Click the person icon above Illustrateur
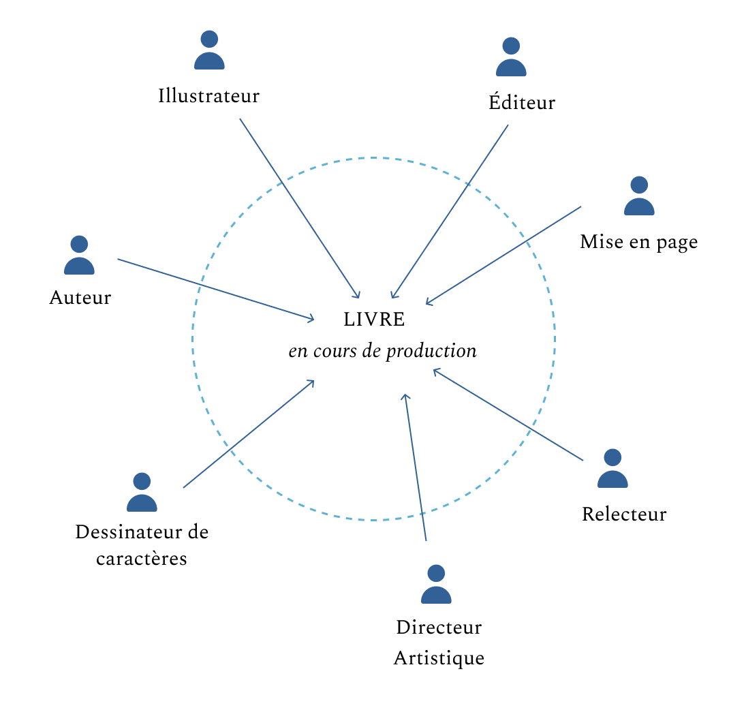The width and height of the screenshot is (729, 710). tap(209, 50)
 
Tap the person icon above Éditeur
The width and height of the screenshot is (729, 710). tap(511, 57)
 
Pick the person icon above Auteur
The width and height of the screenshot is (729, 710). tap(79, 256)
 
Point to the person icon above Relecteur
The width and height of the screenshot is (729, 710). tap(612, 469)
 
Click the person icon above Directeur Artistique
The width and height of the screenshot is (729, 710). tap(436, 585)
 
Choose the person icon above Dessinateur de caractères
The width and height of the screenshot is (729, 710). tap(142, 493)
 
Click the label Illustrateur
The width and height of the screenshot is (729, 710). tap(208, 96)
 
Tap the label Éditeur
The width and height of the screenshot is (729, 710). tap(522, 103)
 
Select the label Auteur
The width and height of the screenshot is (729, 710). tap(80, 298)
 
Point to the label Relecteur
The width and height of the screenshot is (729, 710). tap(623, 514)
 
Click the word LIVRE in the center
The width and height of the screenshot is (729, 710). tap(375, 320)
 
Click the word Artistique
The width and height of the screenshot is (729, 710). tap(439, 659)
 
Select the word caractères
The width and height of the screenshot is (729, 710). tap(141, 559)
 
